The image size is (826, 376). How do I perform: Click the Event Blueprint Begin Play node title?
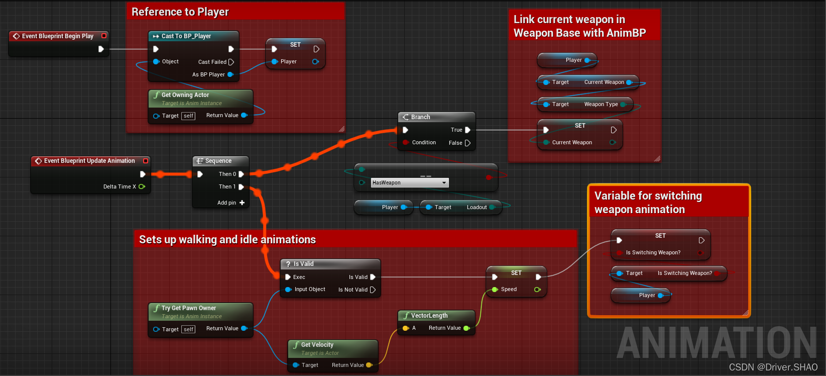click(x=57, y=36)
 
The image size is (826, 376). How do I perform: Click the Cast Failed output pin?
click(x=231, y=62)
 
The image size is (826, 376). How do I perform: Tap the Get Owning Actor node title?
click(x=185, y=95)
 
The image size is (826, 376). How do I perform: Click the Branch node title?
click(x=420, y=117)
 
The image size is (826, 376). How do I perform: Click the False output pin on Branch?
click(x=467, y=143)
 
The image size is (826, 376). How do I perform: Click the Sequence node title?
click(x=218, y=161)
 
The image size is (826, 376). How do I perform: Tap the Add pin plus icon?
click(x=242, y=203)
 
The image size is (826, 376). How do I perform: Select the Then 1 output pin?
click(x=242, y=187)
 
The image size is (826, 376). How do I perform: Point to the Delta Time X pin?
click(x=142, y=186)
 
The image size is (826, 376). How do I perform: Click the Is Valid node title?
click(x=303, y=264)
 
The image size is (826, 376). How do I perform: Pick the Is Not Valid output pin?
click(x=373, y=290)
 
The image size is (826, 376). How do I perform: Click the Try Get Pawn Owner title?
click(x=188, y=308)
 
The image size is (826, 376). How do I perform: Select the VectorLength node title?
click(x=429, y=316)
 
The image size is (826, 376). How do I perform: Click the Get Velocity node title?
click(x=317, y=345)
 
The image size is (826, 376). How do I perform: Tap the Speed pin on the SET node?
click(x=495, y=290)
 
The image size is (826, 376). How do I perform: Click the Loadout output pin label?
click(x=477, y=207)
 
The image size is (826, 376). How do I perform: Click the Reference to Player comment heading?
click(x=180, y=12)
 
